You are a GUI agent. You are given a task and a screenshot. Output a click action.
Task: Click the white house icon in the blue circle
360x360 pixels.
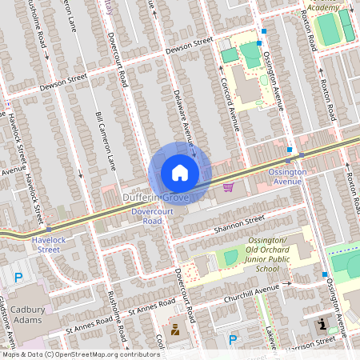click(x=180, y=173)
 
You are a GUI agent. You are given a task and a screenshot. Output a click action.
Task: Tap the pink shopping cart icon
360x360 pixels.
click(x=229, y=187)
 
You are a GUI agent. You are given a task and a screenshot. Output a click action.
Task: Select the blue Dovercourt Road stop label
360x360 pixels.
click(x=152, y=216)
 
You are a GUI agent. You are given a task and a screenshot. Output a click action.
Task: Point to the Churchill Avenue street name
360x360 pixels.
click(x=285, y=287)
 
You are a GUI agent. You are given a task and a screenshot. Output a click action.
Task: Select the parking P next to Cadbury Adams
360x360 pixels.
click(x=18, y=278)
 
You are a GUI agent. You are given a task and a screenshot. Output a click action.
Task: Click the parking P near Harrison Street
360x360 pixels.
click(x=233, y=340)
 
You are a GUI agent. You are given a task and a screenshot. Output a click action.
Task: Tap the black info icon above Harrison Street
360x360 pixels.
click(x=322, y=325)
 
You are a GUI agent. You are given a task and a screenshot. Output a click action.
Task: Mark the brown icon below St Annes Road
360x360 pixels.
click(x=174, y=329)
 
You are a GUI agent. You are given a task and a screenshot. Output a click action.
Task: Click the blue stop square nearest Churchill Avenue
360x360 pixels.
click(x=325, y=274)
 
